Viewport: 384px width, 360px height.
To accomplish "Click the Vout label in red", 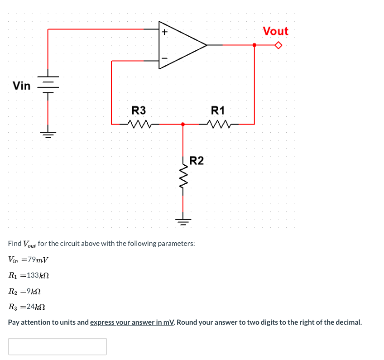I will (275, 31).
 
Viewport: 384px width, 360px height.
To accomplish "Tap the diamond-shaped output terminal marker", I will (279, 45).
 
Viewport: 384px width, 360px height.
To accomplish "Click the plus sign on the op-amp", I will (164, 32).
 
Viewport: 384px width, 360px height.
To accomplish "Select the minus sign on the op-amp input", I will (164, 58).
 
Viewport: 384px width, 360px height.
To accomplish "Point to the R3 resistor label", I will (139, 110).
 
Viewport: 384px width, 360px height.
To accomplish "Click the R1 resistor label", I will (218, 110).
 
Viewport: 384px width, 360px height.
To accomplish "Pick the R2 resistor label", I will (196, 160).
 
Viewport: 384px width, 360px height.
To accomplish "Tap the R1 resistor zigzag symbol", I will (218, 123).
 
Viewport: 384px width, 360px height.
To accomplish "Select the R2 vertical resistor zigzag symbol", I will (183, 176).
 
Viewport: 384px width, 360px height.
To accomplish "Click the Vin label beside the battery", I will (22, 86).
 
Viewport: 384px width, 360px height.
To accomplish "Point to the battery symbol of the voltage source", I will (48, 84).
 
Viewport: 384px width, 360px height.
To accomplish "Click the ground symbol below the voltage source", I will (48, 134).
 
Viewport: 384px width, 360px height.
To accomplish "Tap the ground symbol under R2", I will (183, 222).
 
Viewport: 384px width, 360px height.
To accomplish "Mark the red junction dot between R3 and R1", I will (183, 124).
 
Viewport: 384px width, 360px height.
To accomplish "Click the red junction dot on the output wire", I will (254, 45).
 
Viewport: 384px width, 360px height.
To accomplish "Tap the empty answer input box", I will (58, 346).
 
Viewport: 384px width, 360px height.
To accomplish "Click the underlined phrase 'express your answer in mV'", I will (132, 322).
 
